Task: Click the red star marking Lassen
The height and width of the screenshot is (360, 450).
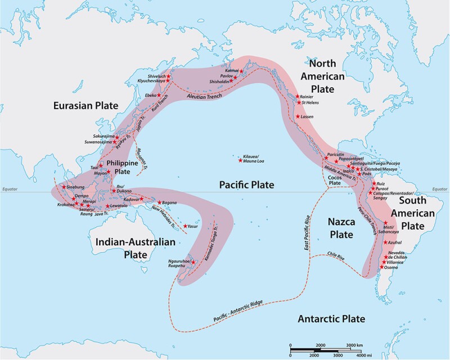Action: (x=297, y=116)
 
